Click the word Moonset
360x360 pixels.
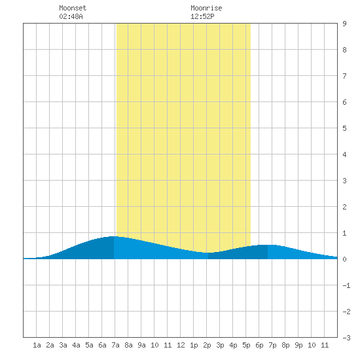(73, 8)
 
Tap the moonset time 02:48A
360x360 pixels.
(71, 16)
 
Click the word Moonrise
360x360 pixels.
(206, 8)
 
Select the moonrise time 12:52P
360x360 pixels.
(202, 16)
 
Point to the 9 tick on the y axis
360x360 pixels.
(344, 24)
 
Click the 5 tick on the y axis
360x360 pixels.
(344, 128)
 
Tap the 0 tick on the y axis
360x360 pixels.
(344, 259)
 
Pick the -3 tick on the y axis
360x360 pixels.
(346, 338)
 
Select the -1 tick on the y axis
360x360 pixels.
(346, 285)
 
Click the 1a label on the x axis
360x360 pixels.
(37, 345)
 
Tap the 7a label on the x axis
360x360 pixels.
(115, 345)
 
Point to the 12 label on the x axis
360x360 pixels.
(181, 345)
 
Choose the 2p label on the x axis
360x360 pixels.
(207, 345)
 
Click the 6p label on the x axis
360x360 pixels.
(259, 345)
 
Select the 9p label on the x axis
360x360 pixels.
(298, 345)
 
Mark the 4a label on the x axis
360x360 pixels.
(76, 345)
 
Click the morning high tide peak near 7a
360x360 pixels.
(114, 236)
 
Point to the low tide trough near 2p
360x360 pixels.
(208, 253)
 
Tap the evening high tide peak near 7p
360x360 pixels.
(268, 245)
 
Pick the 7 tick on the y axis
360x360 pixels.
(344, 76)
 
